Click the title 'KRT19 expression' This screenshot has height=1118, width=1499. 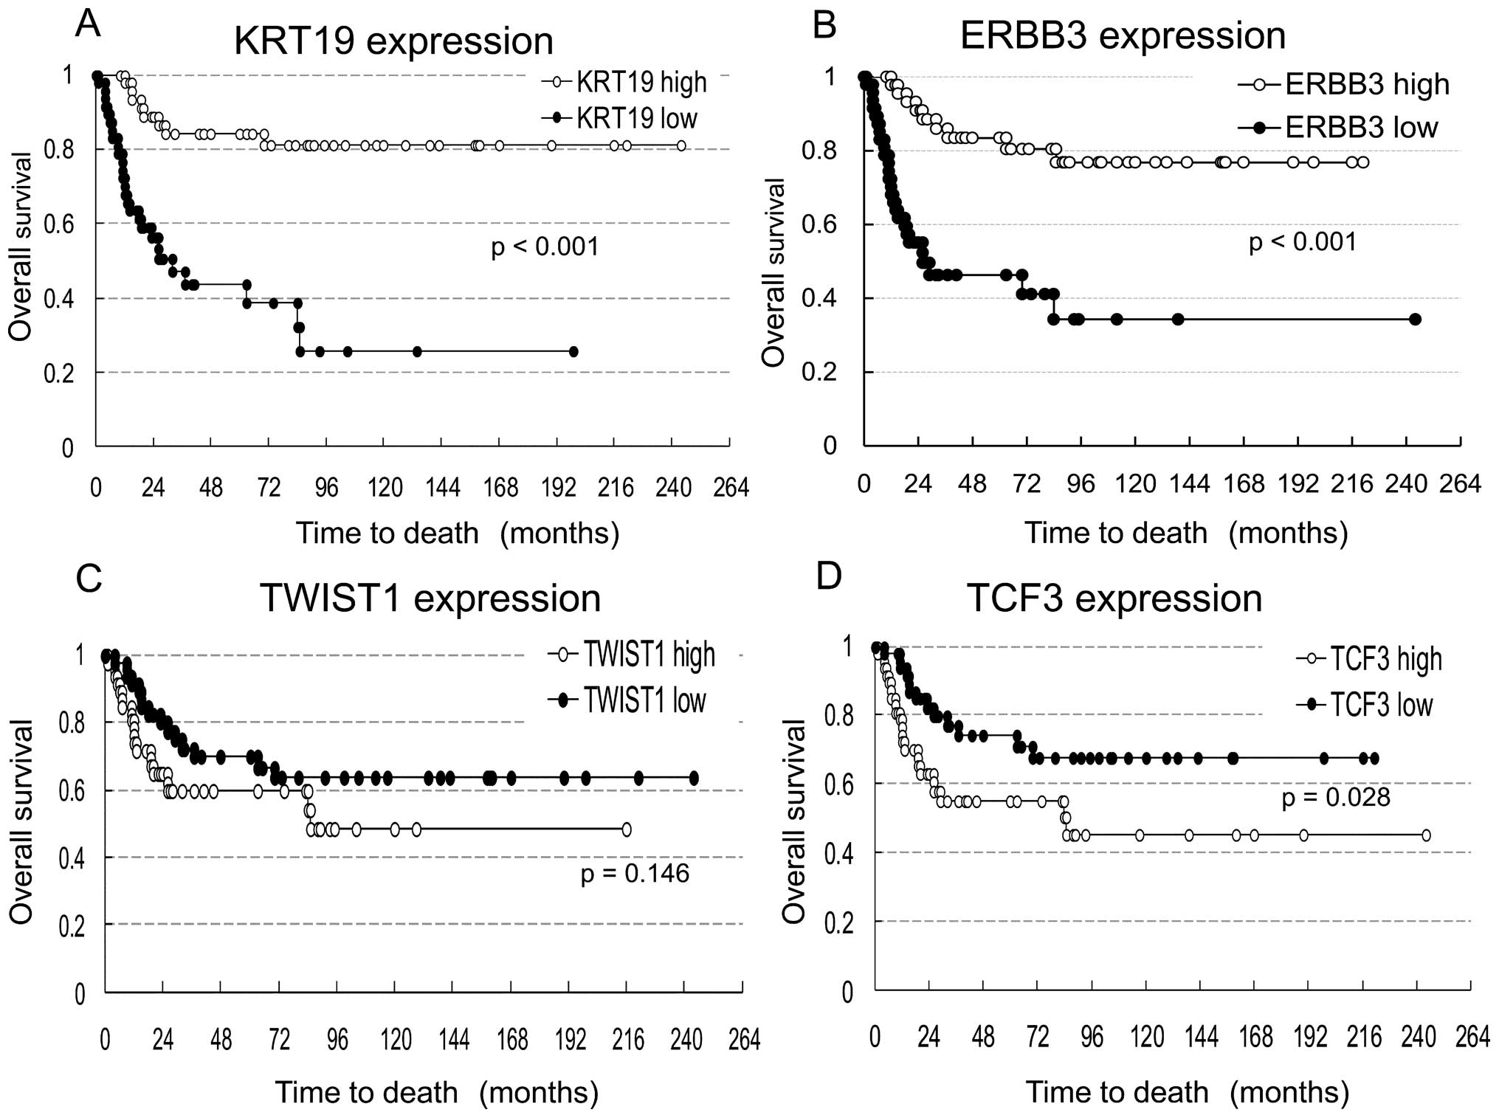click(393, 41)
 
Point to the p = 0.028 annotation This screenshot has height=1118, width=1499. click(1336, 798)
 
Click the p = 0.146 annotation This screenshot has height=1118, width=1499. click(635, 874)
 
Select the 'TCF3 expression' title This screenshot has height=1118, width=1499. click(1114, 598)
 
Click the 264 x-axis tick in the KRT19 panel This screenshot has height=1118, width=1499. click(731, 488)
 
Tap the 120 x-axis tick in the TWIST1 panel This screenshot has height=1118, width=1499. click(396, 1040)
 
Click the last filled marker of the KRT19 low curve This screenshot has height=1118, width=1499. click(573, 352)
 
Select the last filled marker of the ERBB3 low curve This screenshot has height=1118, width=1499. click(1415, 320)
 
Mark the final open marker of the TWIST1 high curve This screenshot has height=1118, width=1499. click(627, 829)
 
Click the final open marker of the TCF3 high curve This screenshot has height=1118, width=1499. click(1426, 835)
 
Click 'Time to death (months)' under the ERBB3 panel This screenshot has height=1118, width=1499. click(1185, 533)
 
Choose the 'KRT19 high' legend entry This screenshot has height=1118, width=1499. click(641, 82)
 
